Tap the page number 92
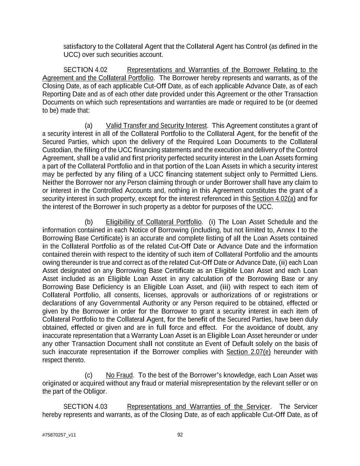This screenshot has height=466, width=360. pyautogui.click(x=180, y=435)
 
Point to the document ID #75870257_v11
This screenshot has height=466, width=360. pyautogui.click(x=59, y=435)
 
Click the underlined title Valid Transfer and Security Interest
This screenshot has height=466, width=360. pyautogui.click(x=156, y=126)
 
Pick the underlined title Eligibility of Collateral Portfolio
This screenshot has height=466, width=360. pyautogui.click(x=154, y=222)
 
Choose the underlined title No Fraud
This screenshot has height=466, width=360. pyautogui.click(x=119, y=376)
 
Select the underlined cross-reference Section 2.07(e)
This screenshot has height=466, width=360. pyautogui.click(x=248, y=352)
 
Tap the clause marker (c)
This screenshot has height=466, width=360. pyautogui.click(x=88, y=376)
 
